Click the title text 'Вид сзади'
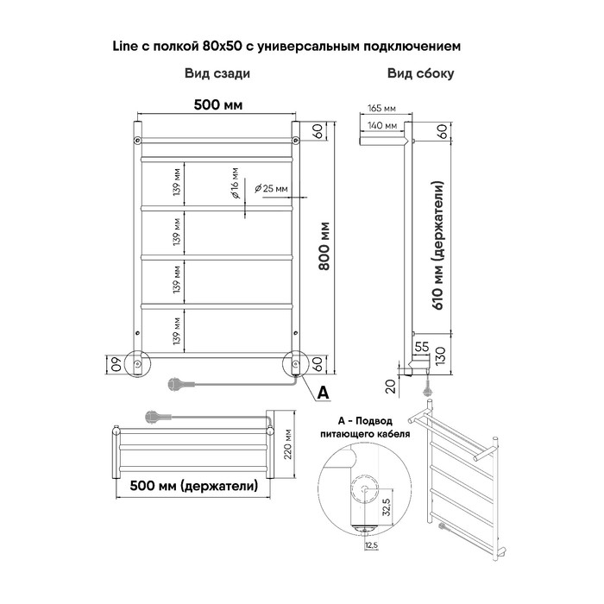[x=217, y=73]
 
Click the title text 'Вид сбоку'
[x=421, y=73]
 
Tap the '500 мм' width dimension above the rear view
[x=218, y=104]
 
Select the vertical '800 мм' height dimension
[x=324, y=246]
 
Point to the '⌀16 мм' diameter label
[x=235, y=183]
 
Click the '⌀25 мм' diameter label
[x=271, y=188]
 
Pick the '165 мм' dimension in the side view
[x=381, y=108]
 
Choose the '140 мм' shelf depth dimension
[x=382, y=125]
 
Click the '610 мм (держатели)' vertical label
[x=438, y=245]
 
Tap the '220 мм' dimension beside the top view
[x=287, y=444]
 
